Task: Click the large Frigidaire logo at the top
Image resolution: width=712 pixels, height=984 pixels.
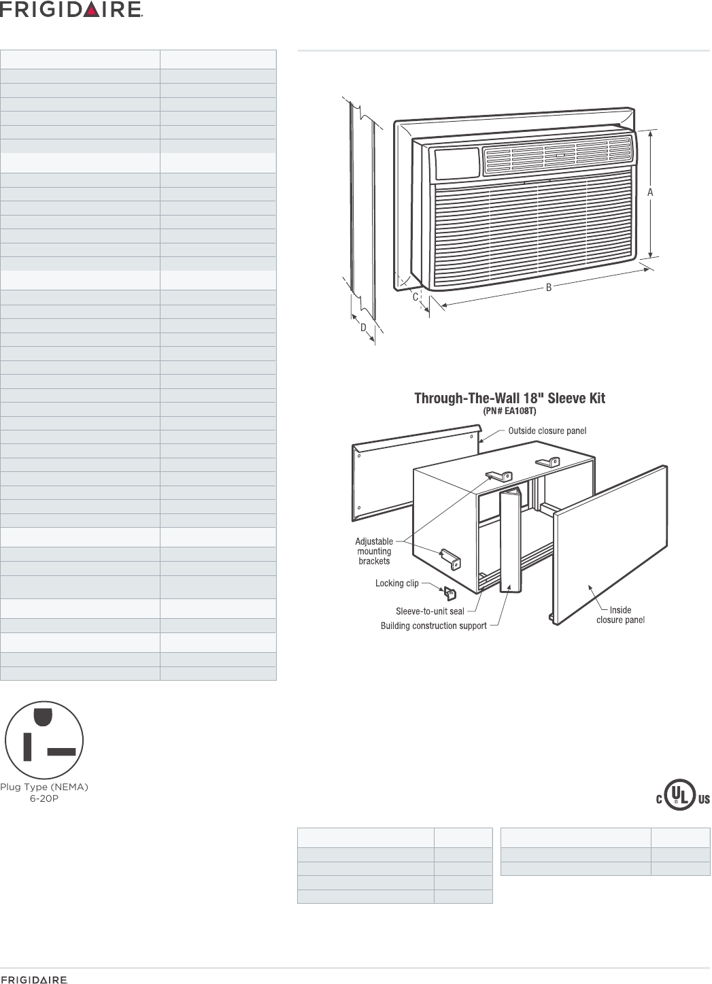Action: [x=71, y=10]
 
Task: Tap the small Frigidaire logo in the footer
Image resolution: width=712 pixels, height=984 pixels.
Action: [x=34, y=979]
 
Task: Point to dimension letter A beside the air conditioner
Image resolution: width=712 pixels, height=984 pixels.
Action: [x=651, y=193]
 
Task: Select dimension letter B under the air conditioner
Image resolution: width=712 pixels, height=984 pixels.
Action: [x=548, y=288]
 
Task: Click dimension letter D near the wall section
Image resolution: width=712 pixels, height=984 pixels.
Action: [x=364, y=328]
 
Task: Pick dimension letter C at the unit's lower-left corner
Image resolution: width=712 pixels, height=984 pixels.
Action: [x=414, y=297]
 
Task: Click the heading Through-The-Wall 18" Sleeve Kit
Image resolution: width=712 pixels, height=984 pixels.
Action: [x=510, y=398]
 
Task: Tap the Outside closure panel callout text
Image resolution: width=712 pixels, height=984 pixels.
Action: [x=547, y=430]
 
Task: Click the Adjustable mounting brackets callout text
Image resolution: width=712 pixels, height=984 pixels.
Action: [x=374, y=552]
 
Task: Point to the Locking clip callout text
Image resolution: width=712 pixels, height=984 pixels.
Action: [x=397, y=583]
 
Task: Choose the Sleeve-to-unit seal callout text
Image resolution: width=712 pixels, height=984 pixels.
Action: [x=430, y=611]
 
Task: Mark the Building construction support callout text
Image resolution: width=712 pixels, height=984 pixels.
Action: [x=433, y=626]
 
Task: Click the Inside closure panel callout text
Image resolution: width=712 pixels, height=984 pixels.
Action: [x=620, y=615]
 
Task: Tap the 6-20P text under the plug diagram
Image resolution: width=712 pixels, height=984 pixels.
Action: [x=44, y=797]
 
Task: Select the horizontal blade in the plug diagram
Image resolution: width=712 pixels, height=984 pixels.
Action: [x=61, y=752]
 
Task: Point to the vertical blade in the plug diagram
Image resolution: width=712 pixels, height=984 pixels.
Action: [x=27, y=747]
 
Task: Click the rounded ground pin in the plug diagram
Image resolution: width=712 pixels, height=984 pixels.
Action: [x=44, y=717]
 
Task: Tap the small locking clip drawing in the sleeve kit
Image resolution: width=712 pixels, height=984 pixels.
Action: [x=450, y=594]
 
